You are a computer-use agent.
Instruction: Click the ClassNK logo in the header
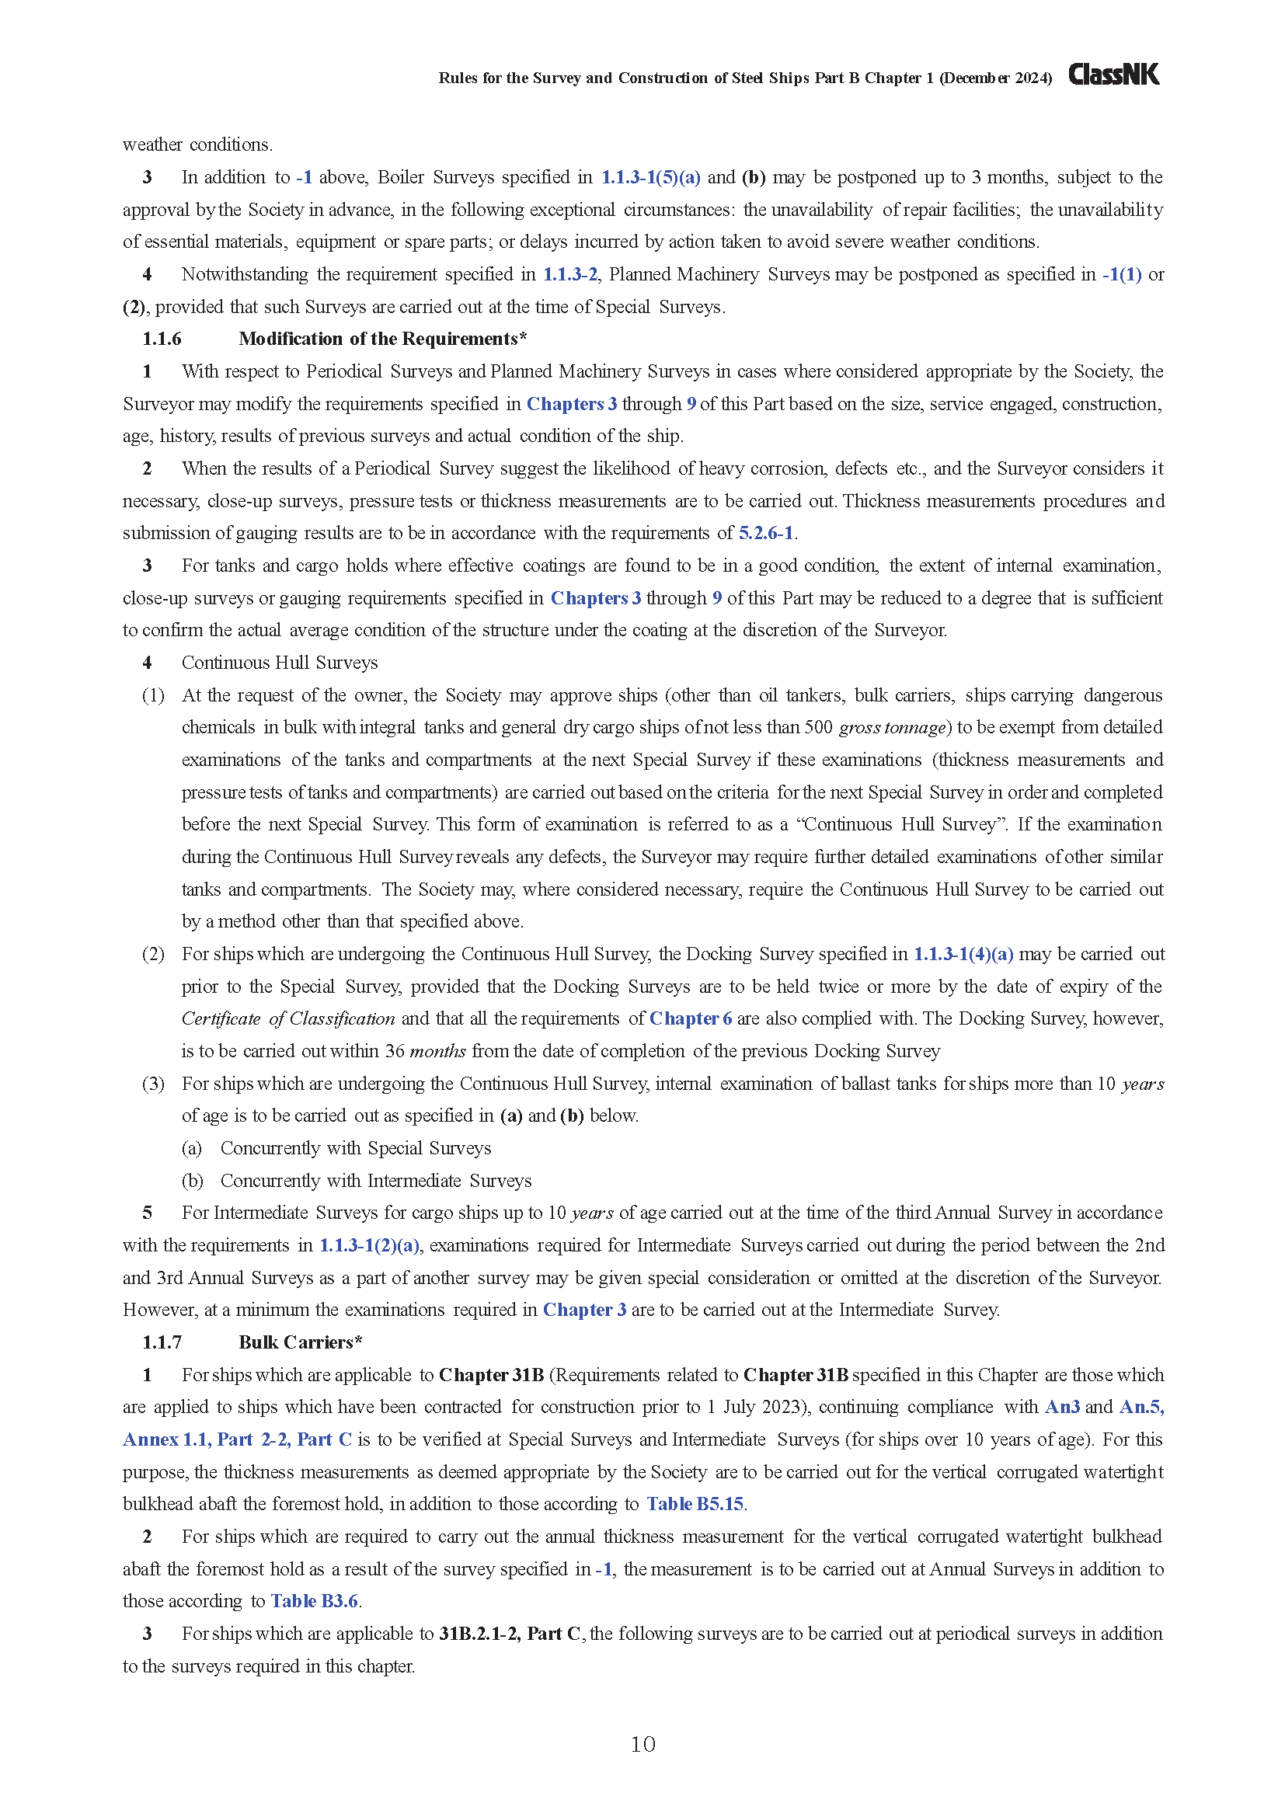pyautogui.click(x=1113, y=75)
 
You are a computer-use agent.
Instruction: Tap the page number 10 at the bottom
pyautogui.click(x=642, y=1744)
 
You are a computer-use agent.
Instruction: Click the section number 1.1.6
pyautogui.click(x=162, y=339)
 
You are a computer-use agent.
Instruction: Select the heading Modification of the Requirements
pyautogui.click(x=382, y=339)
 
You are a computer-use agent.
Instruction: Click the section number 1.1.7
pyautogui.click(x=162, y=1342)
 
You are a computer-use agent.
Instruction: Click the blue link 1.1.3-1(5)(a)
pyautogui.click(x=650, y=177)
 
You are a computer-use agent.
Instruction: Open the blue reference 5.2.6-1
pyautogui.click(x=766, y=534)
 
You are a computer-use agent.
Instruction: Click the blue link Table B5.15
pyautogui.click(x=695, y=1504)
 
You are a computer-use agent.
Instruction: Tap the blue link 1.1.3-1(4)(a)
pyautogui.click(x=963, y=954)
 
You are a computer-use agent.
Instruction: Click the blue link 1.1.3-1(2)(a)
pyautogui.click(x=369, y=1244)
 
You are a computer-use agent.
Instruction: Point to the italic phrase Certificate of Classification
pyautogui.click(x=288, y=1018)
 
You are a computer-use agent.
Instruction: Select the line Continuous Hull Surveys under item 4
pyautogui.click(x=280, y=663)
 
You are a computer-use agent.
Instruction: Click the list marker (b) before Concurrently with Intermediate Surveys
pyautogui.click(x=192, y=1181)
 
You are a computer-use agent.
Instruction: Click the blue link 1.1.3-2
pyautogui.click(x=569, y=274)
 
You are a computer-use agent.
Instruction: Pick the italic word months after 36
pyautogui.click(x=437, y=1051)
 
